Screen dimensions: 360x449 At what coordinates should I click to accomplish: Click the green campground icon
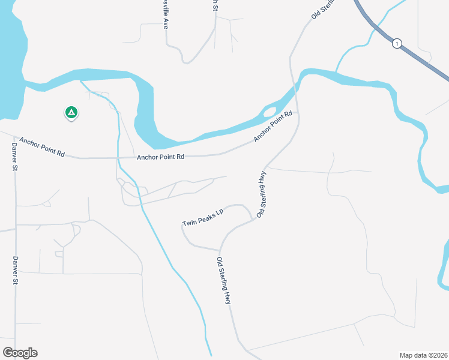click(x=71, y=112)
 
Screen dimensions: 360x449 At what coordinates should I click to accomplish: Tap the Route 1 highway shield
click(x=397, y=43)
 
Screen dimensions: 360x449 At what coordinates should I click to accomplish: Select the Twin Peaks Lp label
click(x=203, y=218)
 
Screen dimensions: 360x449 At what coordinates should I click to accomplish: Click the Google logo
click(x=20, y=352)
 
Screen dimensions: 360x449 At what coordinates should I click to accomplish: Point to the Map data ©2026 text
click(x=423, y=355)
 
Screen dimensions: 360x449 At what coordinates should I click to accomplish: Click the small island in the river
click(x=270, y=112)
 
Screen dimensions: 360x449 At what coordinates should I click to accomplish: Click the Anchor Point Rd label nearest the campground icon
click(x=41, y=146)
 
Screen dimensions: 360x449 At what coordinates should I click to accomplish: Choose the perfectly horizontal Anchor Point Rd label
click(x=160, y=157)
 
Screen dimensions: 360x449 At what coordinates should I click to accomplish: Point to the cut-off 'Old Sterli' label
click(x=321, y=10)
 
